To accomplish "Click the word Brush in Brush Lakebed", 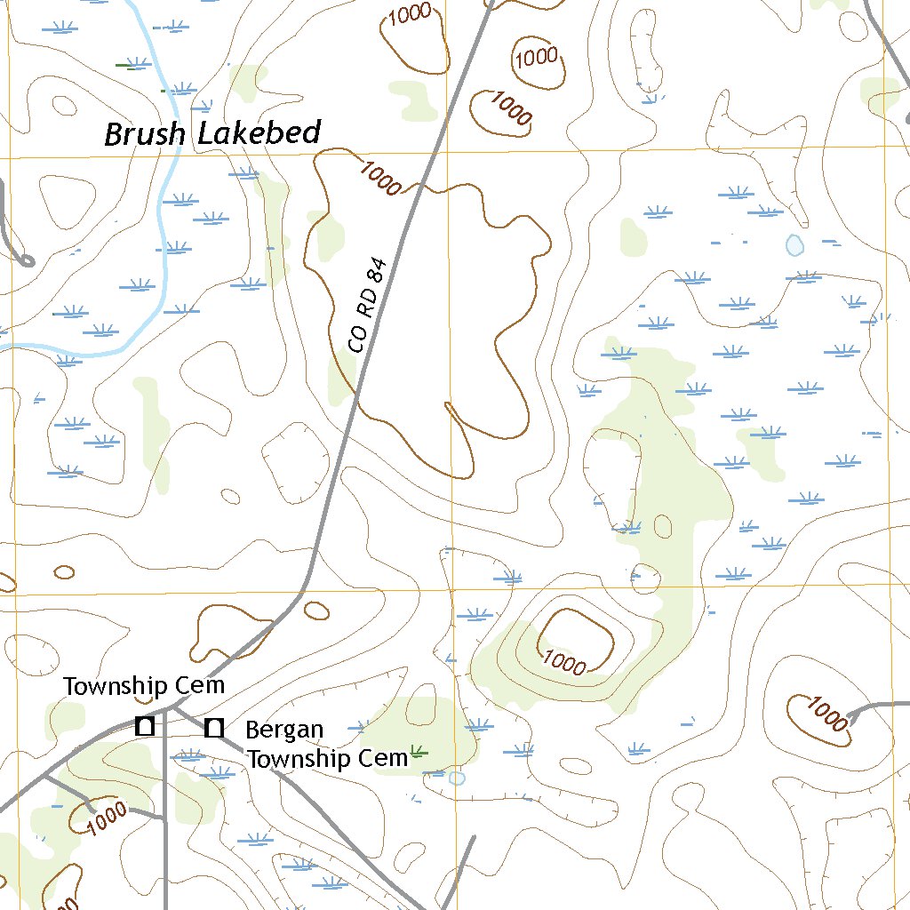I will (x=145, y=135).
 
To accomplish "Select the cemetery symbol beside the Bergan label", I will (x=213, y=729).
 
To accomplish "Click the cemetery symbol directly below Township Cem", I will (x=145, y=725).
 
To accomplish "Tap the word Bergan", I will (x=284, y=730).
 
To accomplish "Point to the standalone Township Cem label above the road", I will (x=144, y=686).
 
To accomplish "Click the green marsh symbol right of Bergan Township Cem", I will (x=419, y=753).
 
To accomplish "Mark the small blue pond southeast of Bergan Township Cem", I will (x=457, y=778).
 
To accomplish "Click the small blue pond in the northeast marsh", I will (x=794, y=244).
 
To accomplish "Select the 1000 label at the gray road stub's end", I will (x=827, y=714).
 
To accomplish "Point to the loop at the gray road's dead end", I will (x=26, y=260).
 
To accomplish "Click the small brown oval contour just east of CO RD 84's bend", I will (x=316, y=611).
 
